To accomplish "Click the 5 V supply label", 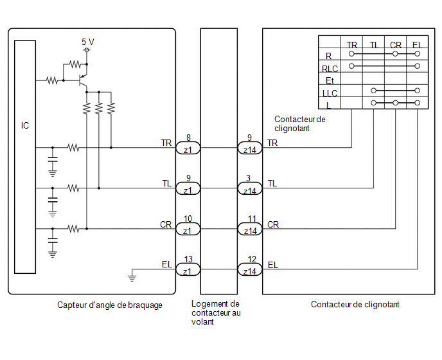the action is tap(88, 42).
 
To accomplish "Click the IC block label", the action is tap(25, 125).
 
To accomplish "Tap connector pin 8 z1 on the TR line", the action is tap(188, 148).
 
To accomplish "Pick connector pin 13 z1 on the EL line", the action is tap(188, 269).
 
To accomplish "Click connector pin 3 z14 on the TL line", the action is tap(250, 188).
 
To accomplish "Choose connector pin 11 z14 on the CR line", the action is tap(250, 229).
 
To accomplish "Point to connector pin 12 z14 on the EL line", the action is tap(250, 269).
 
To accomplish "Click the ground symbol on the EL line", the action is tap(132, 276).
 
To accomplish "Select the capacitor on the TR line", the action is tap(53, 159).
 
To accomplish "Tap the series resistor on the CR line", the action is tap(73, 228).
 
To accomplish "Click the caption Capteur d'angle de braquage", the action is tap(110, 305).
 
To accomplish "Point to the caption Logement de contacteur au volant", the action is tap(216, 312).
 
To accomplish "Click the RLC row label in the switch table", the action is tap(330, 69).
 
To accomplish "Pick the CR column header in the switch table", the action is tap(396, 45).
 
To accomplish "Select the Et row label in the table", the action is tap(330, 81).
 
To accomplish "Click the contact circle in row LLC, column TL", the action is tap(373, 91).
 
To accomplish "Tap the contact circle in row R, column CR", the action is tap(395, 53).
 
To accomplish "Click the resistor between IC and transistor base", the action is tap(51, 81).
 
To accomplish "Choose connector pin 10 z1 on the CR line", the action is tap(188, 229).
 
